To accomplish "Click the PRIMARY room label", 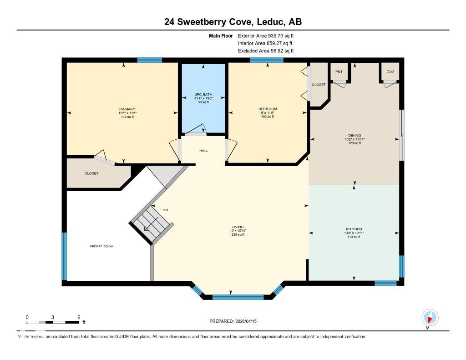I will coord(127,109).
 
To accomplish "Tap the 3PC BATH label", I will coord(203,95).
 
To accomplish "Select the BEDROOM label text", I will coord(268,109).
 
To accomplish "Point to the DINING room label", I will coord(355,135).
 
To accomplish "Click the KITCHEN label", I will coord(354,229).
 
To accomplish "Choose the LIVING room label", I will coord(238,227).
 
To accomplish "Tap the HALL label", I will coord(203,151).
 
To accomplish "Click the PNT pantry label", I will coord(339,71).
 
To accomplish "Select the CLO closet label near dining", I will coord(390,71).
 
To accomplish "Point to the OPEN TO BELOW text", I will coord(101,246).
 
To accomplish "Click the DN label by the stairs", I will coord(166,210).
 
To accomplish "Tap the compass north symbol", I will coord(430,317).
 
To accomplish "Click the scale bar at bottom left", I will coord(53,322).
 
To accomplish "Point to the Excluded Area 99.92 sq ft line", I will coord(265,51).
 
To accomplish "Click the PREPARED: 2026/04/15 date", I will coord(236,321).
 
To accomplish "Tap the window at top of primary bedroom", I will coord(150,60).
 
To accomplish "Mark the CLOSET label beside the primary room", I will coord(91,173).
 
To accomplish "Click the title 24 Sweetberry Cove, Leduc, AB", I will coord(233,21).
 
